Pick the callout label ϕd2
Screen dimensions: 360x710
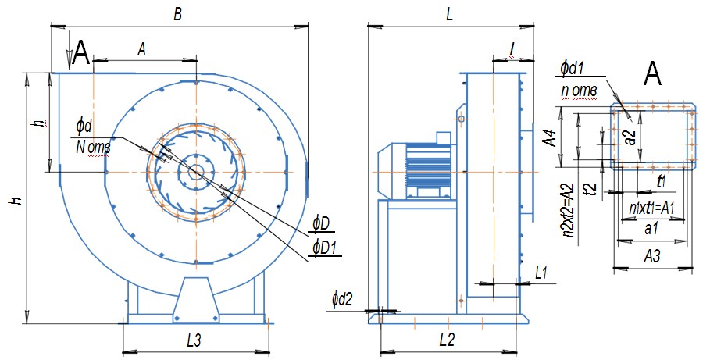pos(342,298)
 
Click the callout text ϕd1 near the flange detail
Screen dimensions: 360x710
pos(573,68)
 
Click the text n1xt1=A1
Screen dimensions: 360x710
pos(650,209)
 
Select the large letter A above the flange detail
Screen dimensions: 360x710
pos(653,74)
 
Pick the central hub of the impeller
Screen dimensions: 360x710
pos(194,172)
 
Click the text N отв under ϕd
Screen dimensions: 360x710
pos(94,145)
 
